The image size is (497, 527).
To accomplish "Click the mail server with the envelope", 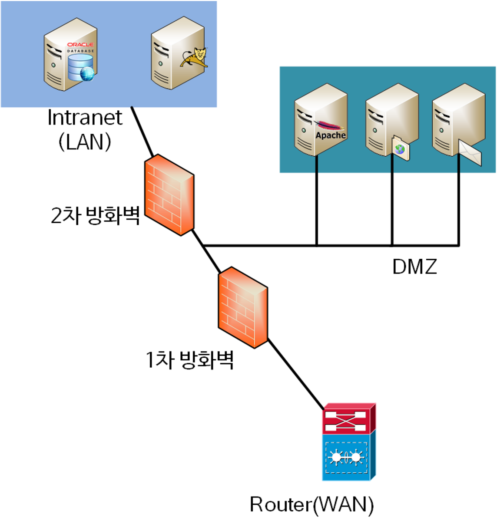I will (458, 122).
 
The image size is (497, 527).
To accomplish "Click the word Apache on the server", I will (331, 135).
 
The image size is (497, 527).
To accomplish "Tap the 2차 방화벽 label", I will (95, 215).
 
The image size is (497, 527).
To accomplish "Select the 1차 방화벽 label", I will (190, 360).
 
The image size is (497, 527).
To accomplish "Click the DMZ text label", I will (414, 267).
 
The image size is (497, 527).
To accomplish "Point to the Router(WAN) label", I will (312, 504).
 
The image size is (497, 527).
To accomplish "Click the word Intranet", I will (85, 118).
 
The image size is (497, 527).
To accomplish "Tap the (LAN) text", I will (85, 142).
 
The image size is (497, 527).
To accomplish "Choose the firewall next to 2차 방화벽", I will (169, 195).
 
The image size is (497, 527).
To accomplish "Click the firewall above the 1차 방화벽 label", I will (243, 307).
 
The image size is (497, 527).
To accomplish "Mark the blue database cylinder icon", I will (81, 67).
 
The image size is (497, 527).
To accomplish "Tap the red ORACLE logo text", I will (80, 45).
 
